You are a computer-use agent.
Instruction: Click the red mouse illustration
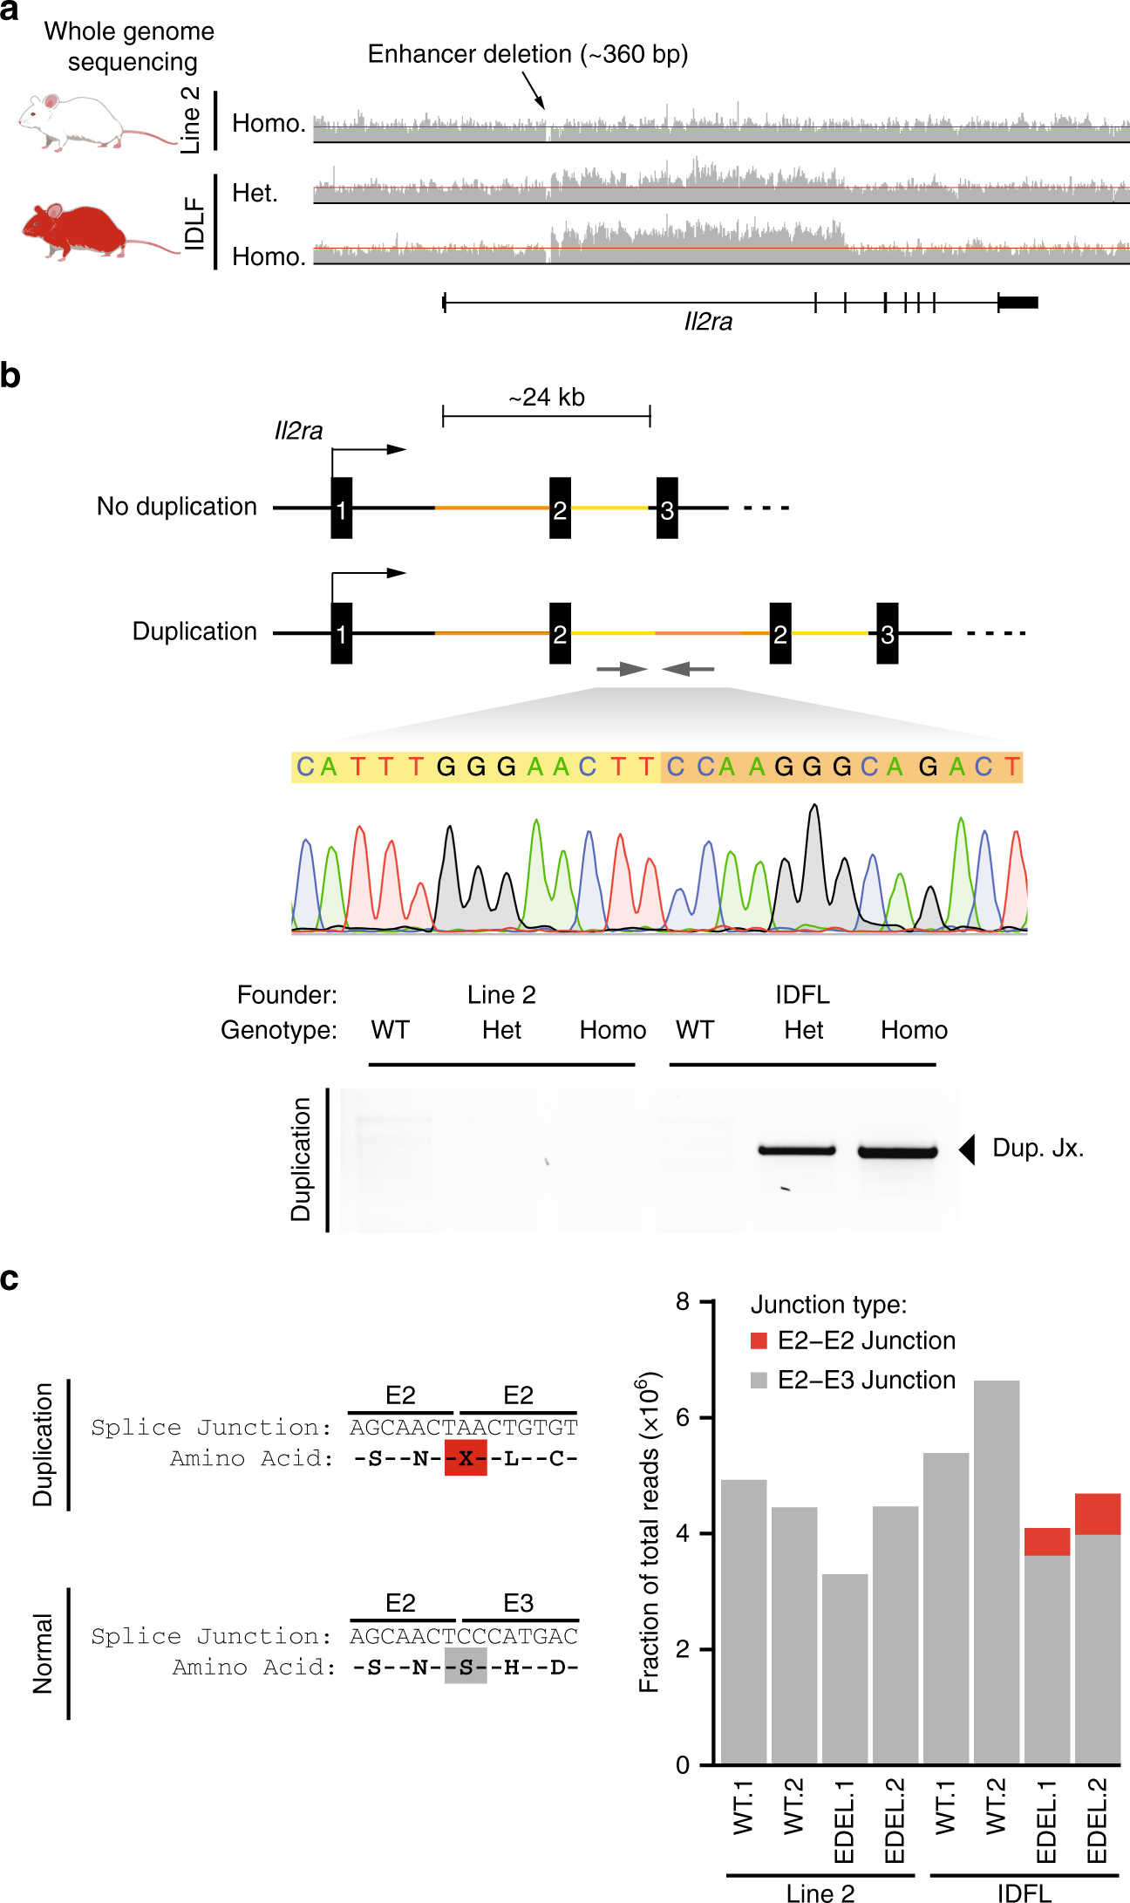[x=78, y=231]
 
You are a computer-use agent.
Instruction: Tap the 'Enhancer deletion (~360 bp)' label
[x=528, y=54]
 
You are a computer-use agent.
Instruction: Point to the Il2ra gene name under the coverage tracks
[x=708, y=322]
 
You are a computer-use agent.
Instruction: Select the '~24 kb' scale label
[x=547, y=398]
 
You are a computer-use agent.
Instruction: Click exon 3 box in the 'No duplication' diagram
[x=667, y=508]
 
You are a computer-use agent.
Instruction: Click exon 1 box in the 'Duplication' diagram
[x=342, y=633]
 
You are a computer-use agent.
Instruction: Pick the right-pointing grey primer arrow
[x=622, y=669]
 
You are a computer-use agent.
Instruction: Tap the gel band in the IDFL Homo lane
[x=897, y=1152]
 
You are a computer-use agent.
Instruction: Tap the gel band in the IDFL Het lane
[x=797, y=1150]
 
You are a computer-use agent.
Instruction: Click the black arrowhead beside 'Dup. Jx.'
[x=967, y=1149]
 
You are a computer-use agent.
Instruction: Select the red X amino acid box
[x=466, y=1458]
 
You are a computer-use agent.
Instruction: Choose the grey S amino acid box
[x=466, y=1667]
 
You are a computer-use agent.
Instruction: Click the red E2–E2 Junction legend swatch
[x=759, y=1340]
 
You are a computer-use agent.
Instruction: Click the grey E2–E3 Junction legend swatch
[x=759, y=1380]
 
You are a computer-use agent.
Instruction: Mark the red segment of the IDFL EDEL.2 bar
[x=1097, y=1514]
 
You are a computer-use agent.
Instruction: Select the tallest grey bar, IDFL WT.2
[x=996, y=1570]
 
